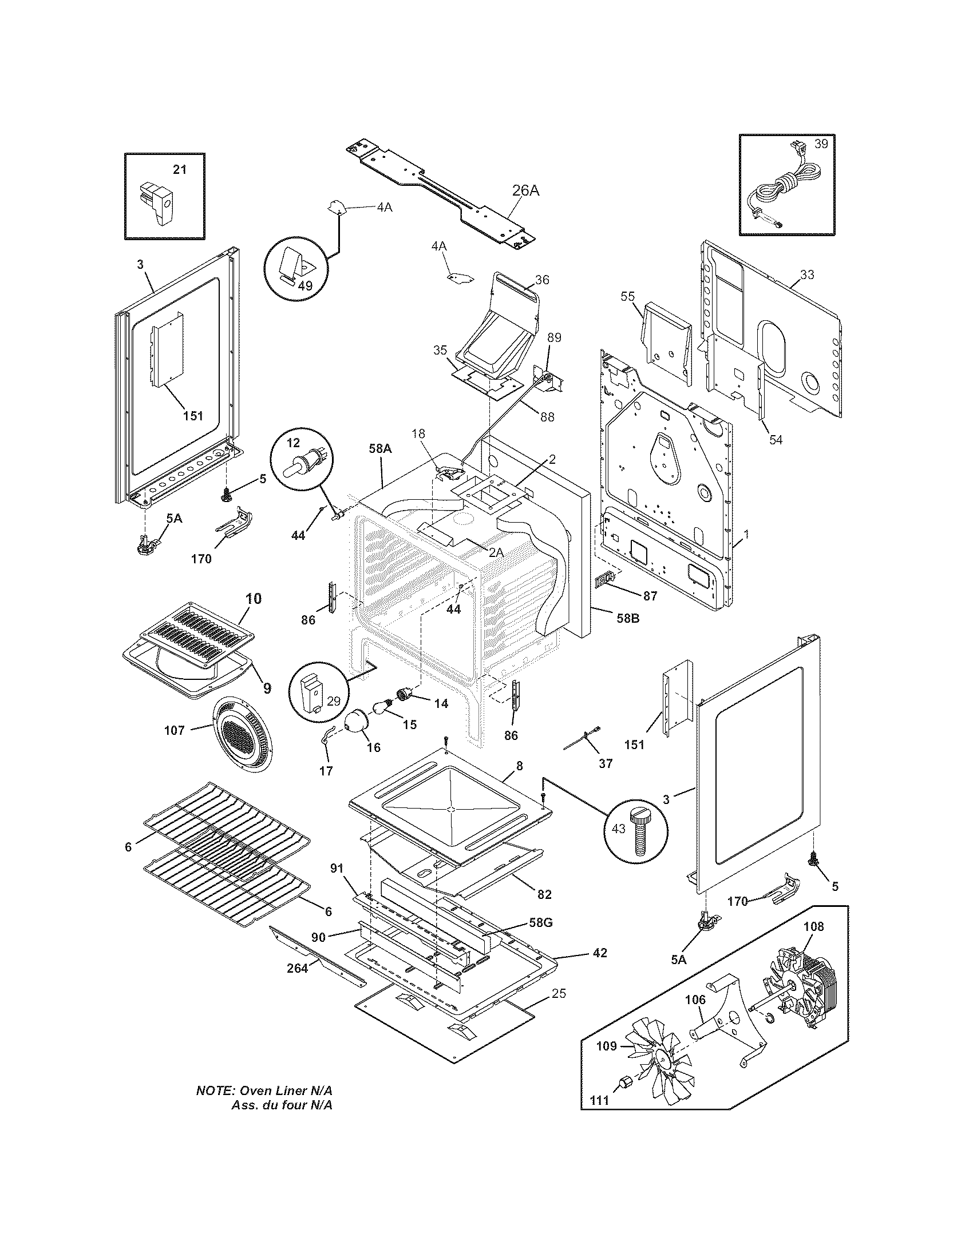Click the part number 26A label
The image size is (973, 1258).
click(x=525, y=190)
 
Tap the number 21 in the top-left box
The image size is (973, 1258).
click(x=180, y=170)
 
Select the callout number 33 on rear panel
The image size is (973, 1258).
click(x=807, y=274)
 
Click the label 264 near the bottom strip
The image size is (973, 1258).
click(x=298, y=968)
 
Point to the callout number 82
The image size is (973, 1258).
click(x=544, y=894)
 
